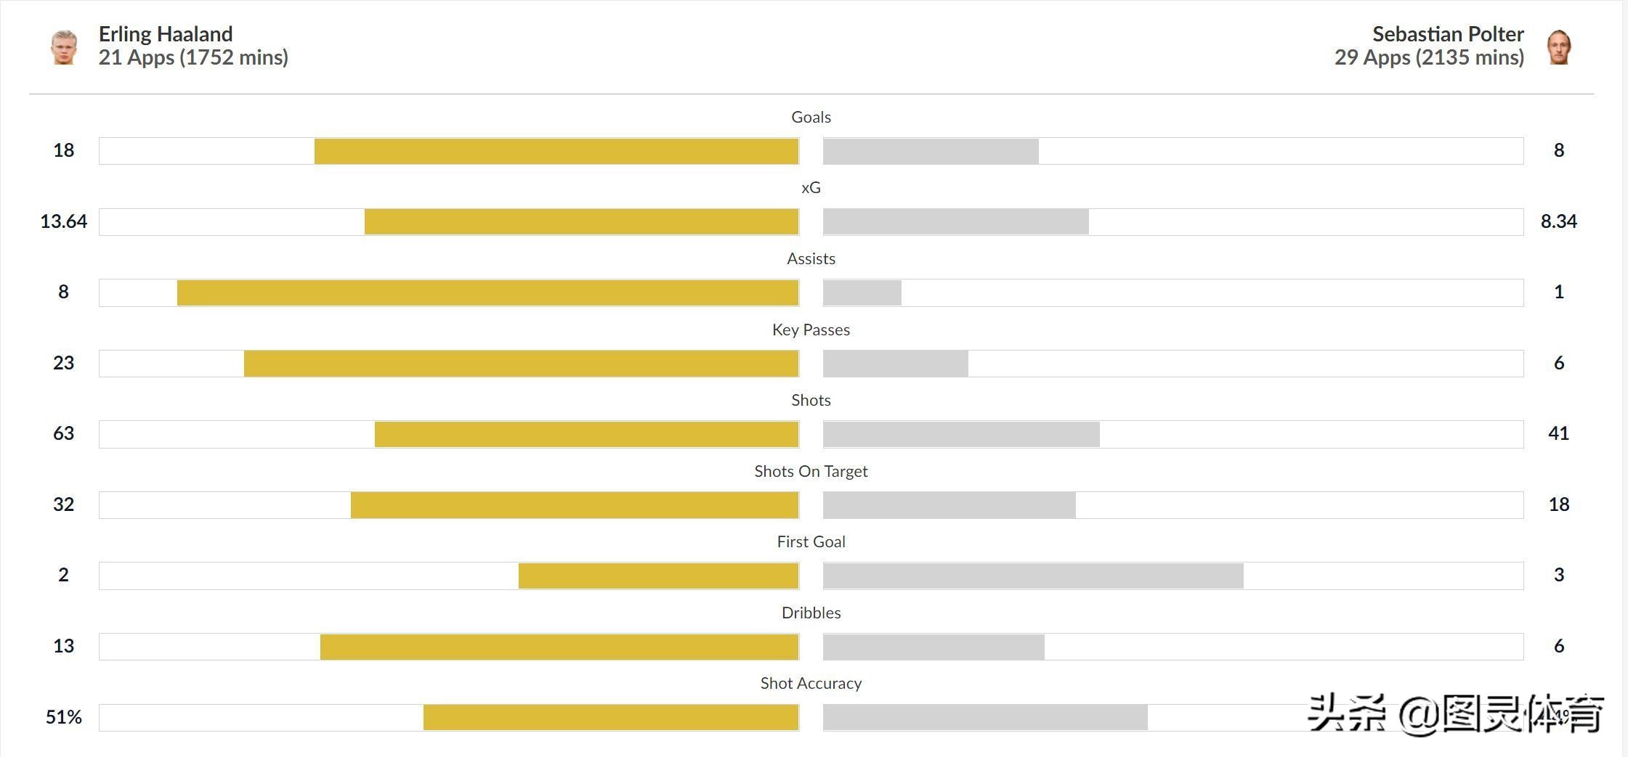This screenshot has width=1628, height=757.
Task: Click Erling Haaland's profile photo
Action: click(x=64, y=46)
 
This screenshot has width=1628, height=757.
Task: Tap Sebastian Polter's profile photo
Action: click(x=1559, y=47)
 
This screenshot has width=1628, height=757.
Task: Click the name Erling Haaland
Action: click(x=166, y=34)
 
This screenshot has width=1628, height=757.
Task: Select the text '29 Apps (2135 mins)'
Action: click(x=1429, y=57)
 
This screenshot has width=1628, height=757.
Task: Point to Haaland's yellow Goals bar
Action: click(x=556, y=151)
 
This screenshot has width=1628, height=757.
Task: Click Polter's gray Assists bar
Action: click(x=862, y=292)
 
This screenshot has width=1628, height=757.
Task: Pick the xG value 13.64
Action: click(x=63, y=221)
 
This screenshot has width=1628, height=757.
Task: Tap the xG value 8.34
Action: click(x=1558, y=221)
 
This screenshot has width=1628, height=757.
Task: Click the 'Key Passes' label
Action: click(x=811, y=330)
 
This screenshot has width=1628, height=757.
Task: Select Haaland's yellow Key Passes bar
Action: click(x=521, y=364)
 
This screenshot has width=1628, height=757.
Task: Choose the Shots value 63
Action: click(x=63, y=433)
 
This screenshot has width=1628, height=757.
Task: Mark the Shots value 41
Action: click(x=1558, y=433)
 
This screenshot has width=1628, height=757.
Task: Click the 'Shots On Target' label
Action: click(x=811, y=471)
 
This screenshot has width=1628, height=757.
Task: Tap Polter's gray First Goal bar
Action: click(x=1033, y=576)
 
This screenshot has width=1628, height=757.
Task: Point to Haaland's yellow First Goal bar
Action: click(x=658, y=576)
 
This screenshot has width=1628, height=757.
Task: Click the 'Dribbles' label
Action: click(x=811, y=613)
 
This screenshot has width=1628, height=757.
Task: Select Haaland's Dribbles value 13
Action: click(x=63, y=646)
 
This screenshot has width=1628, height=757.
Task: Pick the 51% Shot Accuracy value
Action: click(x=63, y=717)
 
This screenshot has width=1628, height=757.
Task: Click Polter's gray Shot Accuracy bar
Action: click(x=985, y=717)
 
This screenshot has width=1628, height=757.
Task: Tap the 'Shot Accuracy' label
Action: click(x=811, y=683)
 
